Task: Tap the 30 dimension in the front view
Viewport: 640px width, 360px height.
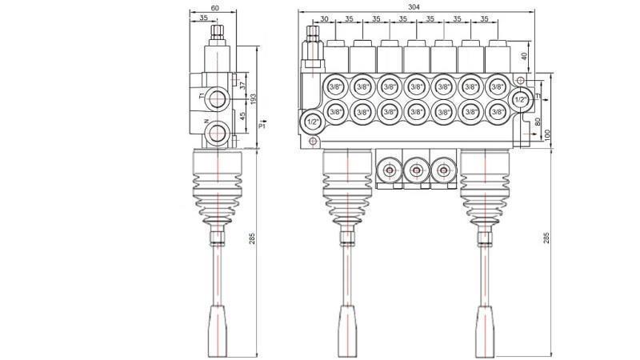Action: coord(323,19)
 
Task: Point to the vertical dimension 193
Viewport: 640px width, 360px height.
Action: coord(253,98)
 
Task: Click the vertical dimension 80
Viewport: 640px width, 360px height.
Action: coord(538,122)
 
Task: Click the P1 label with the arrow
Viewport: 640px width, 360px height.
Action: coord(262,126)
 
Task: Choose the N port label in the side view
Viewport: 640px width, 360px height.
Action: coord(206,121)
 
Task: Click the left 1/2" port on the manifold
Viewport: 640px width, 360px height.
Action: coord(310,121)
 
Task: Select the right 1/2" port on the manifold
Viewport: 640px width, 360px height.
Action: coord(521,99)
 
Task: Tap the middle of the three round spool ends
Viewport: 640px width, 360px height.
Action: coord(415,170)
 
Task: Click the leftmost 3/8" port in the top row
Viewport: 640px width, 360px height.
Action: coord(335,86)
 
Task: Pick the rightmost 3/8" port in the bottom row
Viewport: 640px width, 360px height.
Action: coord(497,112)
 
